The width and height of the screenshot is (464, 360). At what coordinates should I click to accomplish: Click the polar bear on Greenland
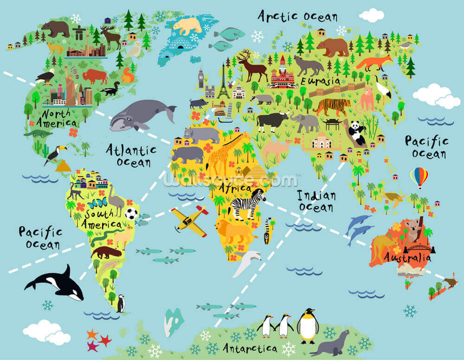pyautogui.click(x=187, y=26)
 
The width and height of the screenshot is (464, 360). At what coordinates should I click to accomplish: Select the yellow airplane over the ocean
pyautogui.click(x=189, y=220)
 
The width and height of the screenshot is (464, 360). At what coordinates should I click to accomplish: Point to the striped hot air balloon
pyautogui.click(x=419, y=176)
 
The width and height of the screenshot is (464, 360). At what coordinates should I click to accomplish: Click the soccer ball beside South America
pyautogui.click(x=131, y=213)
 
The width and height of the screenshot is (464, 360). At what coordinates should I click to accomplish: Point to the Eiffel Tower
pyautogui.click(x=224, y=82)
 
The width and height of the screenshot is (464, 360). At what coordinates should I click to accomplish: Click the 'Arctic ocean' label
pyautogui.click(x=297, y=16)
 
